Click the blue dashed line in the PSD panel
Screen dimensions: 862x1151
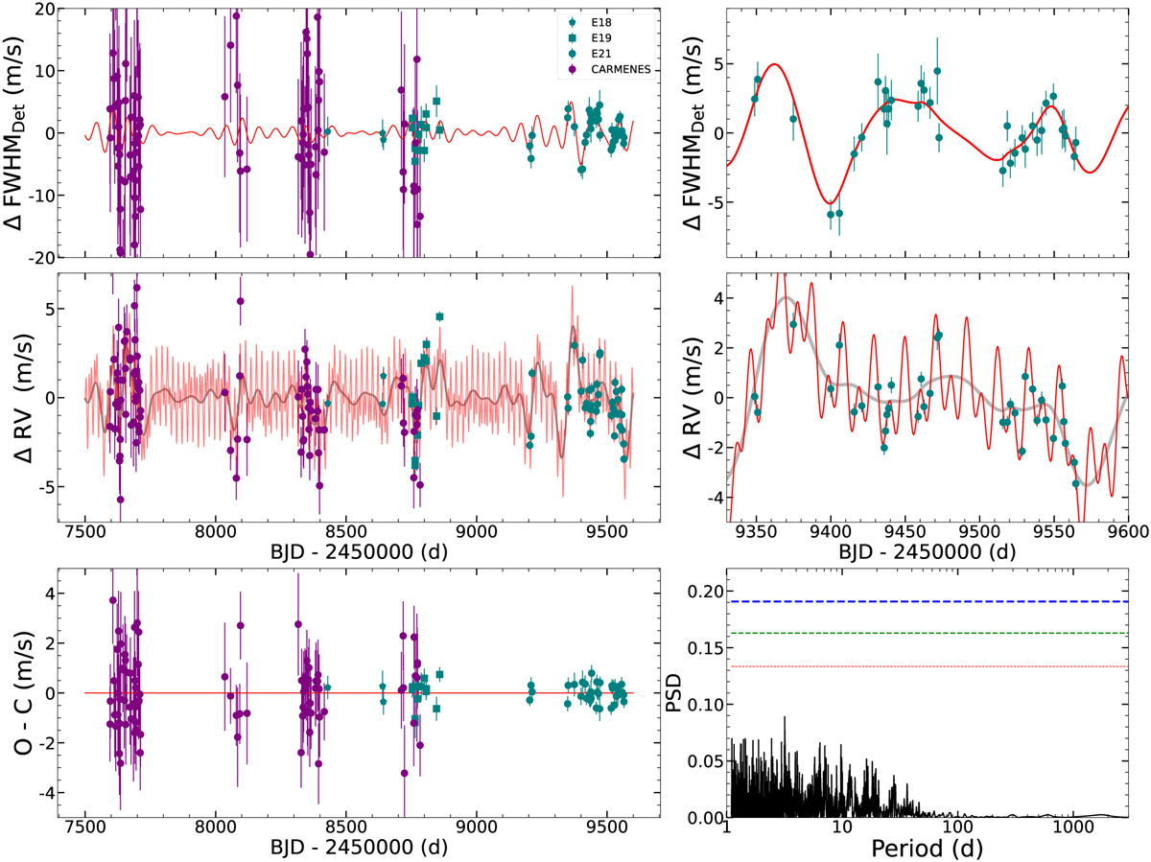pyautogui.click(x=926, y=601)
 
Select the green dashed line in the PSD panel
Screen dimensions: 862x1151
pyautogui.click(x=926, y=633)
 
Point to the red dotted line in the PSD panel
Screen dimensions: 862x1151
pyautogui.click(x=926, y=666)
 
